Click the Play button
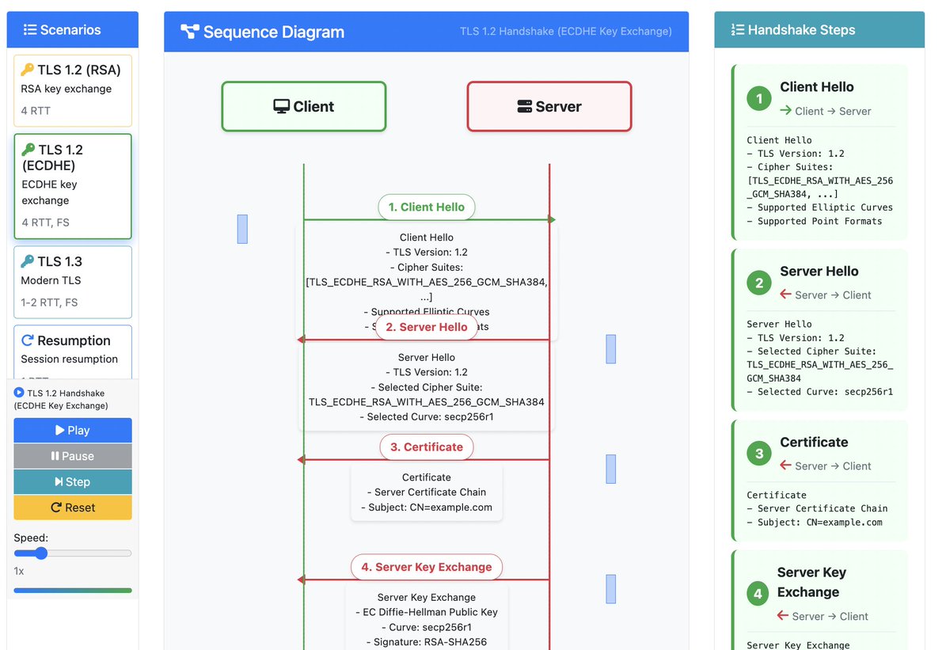(x=73, y=431)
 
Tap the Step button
(x=73, y=482)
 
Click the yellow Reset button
(x=73, y=507)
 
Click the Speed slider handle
(x=41, y=553)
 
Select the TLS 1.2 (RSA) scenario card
(x=73, y=90)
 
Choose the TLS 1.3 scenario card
(x=73, y=281)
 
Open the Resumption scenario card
(x=73, y=349)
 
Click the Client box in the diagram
(x=304, y=107)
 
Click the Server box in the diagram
(x=549, y=107)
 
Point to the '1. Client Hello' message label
(x=426, y=207)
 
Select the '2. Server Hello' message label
(x=426, y=327)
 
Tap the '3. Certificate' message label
(x=426, y=447)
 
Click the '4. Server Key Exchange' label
(x=426, y=567)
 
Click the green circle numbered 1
(x=759, y=99)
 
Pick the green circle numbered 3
(x=759, y=454)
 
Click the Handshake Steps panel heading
(x=793, y=30)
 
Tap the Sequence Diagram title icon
(x=189, y=32)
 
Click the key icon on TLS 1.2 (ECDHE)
(x=28, y=150)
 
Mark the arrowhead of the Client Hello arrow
(x=552, y=219)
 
